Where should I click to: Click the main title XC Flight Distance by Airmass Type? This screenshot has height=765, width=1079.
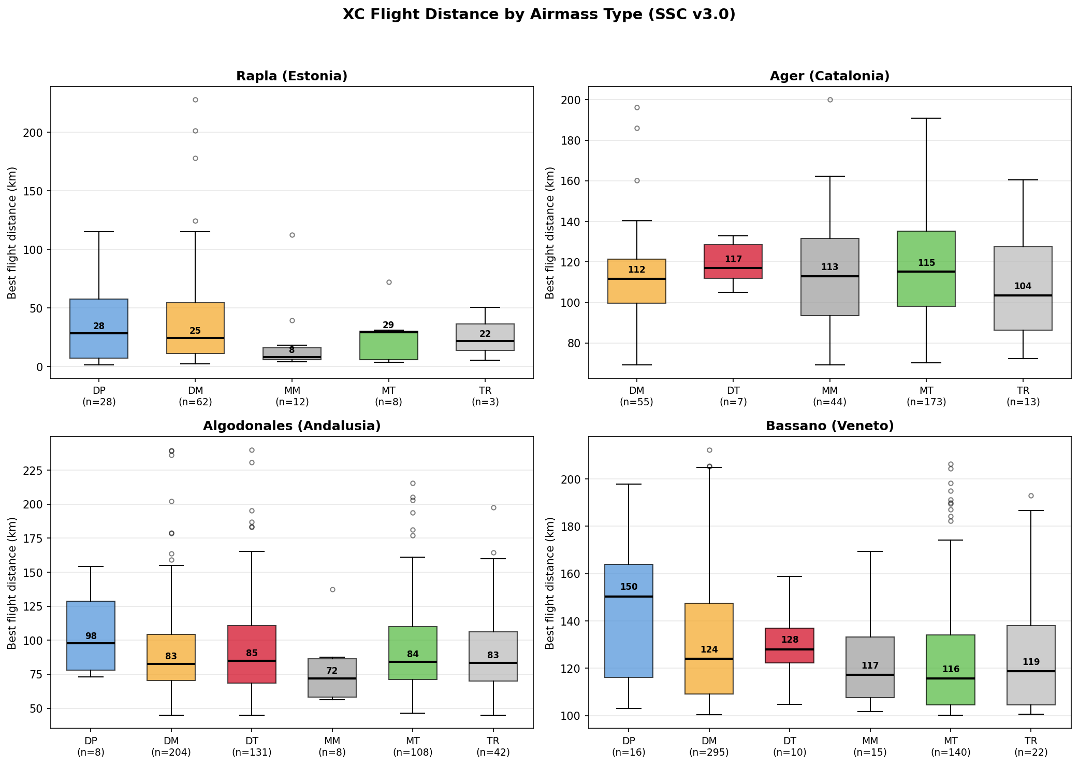[x=539, y=15]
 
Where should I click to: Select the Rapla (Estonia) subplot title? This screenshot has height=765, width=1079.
[x=291, y=76]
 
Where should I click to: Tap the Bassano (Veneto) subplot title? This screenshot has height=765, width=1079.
[x=829, y=426]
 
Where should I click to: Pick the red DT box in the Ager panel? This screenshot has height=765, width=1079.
[x=733, y=261]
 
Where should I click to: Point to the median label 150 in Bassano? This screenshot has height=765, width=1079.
[x=629, y=587]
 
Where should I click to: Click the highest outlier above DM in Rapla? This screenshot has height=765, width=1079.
[x=195, y=100]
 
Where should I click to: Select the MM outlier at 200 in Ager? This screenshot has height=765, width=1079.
[x=830, y=100]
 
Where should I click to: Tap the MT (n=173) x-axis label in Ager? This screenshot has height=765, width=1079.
[x=926, y=396]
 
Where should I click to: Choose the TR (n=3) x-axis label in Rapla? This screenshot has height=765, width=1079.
[x=485, y=396]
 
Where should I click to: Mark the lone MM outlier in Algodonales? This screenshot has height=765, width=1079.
[x=332, y=589]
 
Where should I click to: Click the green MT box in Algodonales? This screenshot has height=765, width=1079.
[x=413, y=653]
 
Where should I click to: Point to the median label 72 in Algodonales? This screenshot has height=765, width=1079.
[x=332, y=671]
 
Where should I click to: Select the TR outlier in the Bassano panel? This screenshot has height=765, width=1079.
[x=1031, y=495]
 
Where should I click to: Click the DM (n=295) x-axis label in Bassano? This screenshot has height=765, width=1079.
[x=709, y=746]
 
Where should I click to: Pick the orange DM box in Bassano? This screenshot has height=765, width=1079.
[x=709, y=648]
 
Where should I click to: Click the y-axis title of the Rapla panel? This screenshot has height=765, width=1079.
[x=12, y=233]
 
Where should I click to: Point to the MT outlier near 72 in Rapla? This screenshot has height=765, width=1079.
[x=389, y=282]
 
